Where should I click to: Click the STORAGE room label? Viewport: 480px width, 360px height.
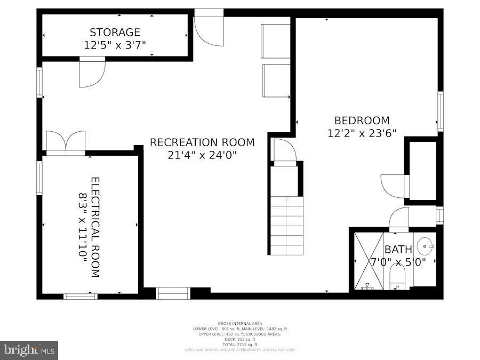[x=115, y=33]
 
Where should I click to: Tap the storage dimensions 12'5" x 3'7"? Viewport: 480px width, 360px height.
[x=115, y=45]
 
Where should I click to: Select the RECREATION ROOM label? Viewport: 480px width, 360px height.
[x=202, y=142]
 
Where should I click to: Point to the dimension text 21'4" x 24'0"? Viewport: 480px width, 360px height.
[x=202, y=155]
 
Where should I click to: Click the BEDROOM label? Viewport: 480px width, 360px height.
[x=362, y=121]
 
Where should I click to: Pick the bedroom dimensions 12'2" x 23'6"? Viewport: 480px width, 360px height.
[x=362, y=133]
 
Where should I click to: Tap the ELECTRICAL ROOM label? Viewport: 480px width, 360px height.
[x=95, y=227]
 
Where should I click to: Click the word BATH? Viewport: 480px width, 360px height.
[x=398, y=249]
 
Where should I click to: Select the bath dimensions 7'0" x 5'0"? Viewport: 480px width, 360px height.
[x=397, y=262]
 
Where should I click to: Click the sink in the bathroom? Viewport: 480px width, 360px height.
[x=425, y=246]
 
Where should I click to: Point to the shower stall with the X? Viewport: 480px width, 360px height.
[x=369, y=260]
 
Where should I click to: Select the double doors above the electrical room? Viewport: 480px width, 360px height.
[x=66, y=142]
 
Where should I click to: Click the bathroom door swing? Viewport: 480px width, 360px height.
[x=399, y=219]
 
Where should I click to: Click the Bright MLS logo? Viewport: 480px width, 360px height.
[x=29, y=350]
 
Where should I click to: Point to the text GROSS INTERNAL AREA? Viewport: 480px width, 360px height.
[x=239, y=323]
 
